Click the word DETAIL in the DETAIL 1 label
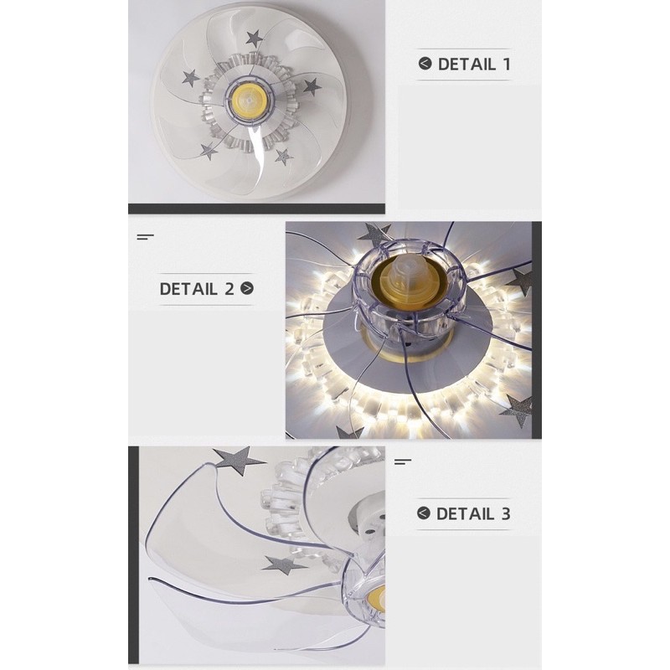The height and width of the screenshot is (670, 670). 466,64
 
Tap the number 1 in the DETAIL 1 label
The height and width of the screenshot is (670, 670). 507,64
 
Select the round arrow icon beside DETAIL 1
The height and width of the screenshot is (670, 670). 425,64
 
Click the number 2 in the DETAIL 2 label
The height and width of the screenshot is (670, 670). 229,289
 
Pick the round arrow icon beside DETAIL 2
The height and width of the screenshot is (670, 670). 247,288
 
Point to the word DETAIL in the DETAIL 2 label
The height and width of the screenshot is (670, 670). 188,289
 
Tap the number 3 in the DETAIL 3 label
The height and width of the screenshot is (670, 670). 506,513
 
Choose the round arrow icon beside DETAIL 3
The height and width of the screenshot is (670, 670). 423,513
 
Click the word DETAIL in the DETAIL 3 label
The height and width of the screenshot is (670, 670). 465,513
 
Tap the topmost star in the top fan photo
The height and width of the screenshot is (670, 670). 255,39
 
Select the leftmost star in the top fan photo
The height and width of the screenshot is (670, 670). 191,79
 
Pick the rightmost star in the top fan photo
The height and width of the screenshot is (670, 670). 312,87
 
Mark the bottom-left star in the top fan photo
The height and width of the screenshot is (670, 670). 209,151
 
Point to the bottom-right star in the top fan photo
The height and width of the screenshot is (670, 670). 283,157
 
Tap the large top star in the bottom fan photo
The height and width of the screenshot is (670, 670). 238,461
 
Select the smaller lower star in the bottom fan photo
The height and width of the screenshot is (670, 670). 284,565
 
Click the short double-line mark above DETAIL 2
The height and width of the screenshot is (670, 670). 145,237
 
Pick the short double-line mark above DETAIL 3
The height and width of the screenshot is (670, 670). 403,461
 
